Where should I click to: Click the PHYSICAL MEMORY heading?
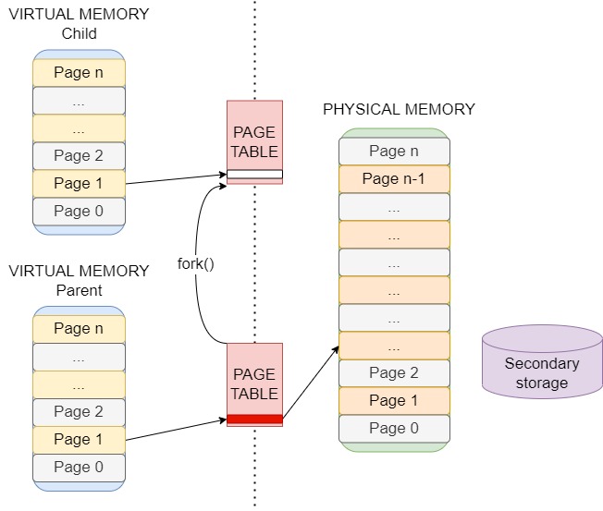pyautogui.click(x=399, y=110)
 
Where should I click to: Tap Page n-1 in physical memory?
pyautogui.click(x=394, y=179)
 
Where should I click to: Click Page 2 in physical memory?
pyautogui.click(x=394, y=373)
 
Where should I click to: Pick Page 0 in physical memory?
pyautogui.click(x=394, y=428)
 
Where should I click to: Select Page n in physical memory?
pyautogui.click(x=394, y=152)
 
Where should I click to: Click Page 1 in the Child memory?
pyautogui.click(x=79, y=183)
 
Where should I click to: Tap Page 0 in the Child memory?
pyautogui.click(x=79, y=211)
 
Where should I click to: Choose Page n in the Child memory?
pyautogui.click(x=79, y=72)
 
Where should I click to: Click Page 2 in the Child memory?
pyautogui.click(x=79, y=155)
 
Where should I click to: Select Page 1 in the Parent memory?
pyautogui.click(x=79, y=439)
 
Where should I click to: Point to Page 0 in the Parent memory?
pyautogui.click(x=79, y=467)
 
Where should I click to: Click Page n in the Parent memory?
pyautogui.click(x=79, y=328)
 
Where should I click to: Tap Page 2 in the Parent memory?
pyautogui.click(x=79, y=411)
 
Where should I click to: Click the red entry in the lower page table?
pyautogui.click(x=254, y=419)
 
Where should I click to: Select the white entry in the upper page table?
pyautogui.click(x=254, y=174)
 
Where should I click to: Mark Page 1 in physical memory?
pyautogui.click(x=394, y=400)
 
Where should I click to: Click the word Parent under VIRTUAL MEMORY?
pyautogui.click(x=79, y=290)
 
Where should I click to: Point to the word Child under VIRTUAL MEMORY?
pyautogui.click(x=79, y=34)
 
